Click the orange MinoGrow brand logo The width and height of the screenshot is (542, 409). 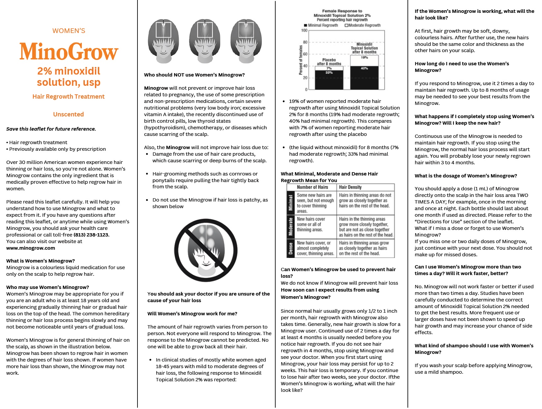[69, 51]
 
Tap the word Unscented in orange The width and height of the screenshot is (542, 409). [69, 114]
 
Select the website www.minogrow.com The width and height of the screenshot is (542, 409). [31, 248]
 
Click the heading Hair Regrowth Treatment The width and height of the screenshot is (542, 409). [69, 97]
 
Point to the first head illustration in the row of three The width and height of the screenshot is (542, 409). [163, 41]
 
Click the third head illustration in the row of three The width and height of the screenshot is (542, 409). [246, 41]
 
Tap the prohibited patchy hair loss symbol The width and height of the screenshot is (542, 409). [206, 250]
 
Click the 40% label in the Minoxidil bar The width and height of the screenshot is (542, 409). [364, 68]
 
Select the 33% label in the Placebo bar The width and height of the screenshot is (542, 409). [329, 72]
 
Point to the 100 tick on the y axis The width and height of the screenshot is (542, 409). [304, 30]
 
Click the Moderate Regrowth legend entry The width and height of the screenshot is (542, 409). [362, 25]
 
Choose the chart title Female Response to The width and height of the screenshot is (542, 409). [342, 11]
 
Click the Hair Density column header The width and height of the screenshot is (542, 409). [350, 187]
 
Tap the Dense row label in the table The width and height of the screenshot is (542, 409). [291, 248]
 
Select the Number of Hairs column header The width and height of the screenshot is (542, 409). [312, 187]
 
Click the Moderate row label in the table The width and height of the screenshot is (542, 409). [291, 227]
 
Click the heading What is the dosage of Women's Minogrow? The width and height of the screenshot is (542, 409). [466, 176]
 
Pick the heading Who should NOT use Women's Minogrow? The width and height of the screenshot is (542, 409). [194, 75]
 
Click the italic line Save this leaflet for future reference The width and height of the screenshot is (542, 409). [51, 129]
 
